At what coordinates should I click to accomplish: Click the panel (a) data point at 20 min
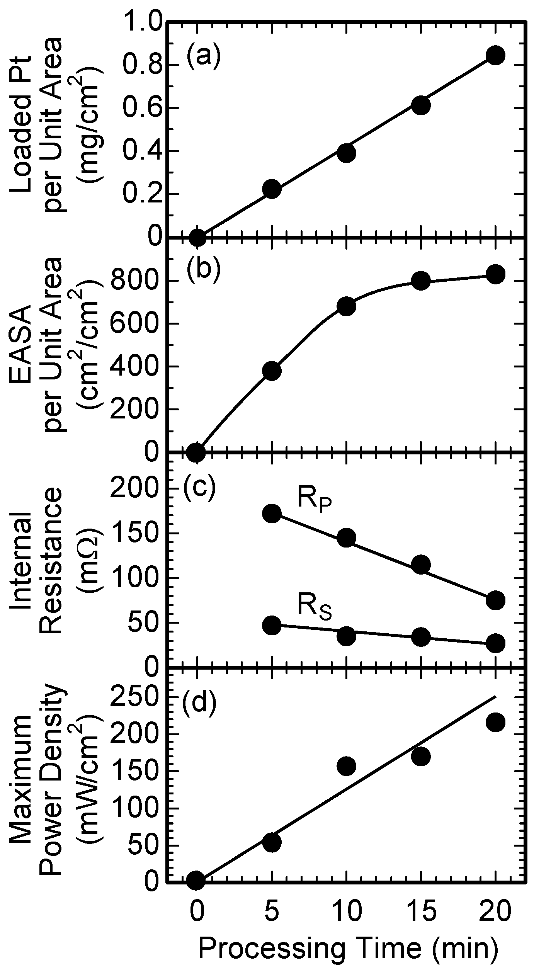point(495,55)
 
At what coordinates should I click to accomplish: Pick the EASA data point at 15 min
point(421,280)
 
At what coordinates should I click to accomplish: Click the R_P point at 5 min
point(272,513)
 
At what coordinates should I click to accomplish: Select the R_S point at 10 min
point(346,636)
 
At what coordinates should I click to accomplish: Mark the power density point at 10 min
point(346,766)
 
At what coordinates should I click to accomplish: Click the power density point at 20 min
point(495,722)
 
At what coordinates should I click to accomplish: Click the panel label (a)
point(203,55)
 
